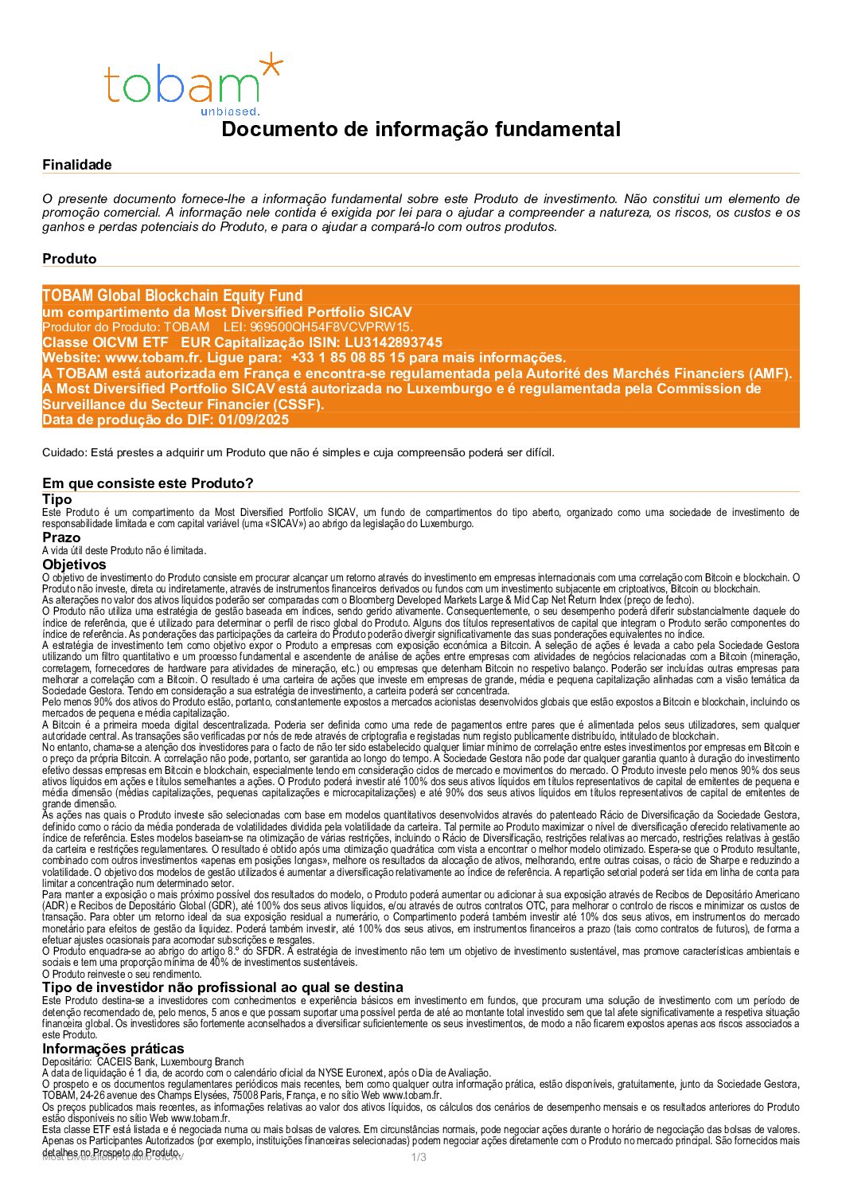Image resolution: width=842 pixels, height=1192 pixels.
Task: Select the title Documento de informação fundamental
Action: click(420, 129)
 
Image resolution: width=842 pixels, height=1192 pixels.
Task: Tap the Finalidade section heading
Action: click(77, 165)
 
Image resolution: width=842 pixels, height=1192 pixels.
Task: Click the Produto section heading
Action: click(69, 259)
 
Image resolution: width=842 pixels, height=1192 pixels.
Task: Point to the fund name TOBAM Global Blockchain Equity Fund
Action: click(173, 296)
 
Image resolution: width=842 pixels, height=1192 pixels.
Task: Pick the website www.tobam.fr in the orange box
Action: click(152, 358)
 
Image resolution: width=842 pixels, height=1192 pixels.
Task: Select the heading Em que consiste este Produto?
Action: click(148, 483)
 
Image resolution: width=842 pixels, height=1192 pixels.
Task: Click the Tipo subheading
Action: click(57, 499)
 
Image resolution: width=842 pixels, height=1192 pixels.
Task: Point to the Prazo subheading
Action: click(61, 537)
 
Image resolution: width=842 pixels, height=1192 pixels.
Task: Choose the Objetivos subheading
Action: click(74, 565)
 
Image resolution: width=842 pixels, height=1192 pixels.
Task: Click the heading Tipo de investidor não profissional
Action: click(223, 987)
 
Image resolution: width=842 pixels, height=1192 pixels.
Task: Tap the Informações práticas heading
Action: click(113, 1049)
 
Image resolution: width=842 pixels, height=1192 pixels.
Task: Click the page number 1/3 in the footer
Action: click(419, 1157)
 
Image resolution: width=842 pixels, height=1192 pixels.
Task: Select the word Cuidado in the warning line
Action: click(64, 453)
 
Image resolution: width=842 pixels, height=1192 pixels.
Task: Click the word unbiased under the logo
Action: click(230, 111)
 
